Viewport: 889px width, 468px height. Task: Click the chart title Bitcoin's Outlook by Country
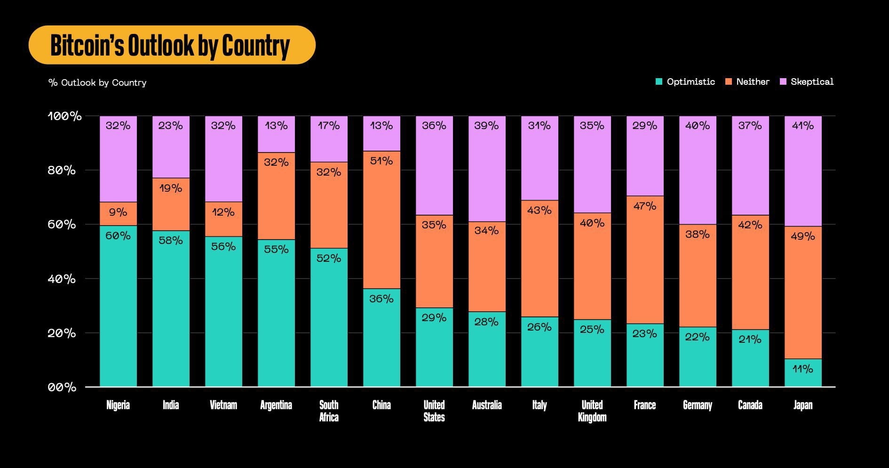170,45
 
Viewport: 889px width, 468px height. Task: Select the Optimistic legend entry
685,81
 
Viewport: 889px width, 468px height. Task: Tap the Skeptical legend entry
807,81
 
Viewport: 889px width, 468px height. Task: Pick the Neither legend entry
747,81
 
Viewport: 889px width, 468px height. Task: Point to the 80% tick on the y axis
62,170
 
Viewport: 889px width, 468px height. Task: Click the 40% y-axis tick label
62,279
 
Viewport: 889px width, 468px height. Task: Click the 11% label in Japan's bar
803,369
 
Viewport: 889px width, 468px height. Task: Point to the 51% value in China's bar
381,161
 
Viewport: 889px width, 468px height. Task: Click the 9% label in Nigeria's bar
118,212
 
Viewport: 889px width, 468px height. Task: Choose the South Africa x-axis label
329,411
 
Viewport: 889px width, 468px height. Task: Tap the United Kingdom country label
592,411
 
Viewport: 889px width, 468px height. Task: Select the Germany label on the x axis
698,405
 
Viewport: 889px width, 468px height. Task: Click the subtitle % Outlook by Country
97,82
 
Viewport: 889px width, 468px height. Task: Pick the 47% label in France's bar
645,206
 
